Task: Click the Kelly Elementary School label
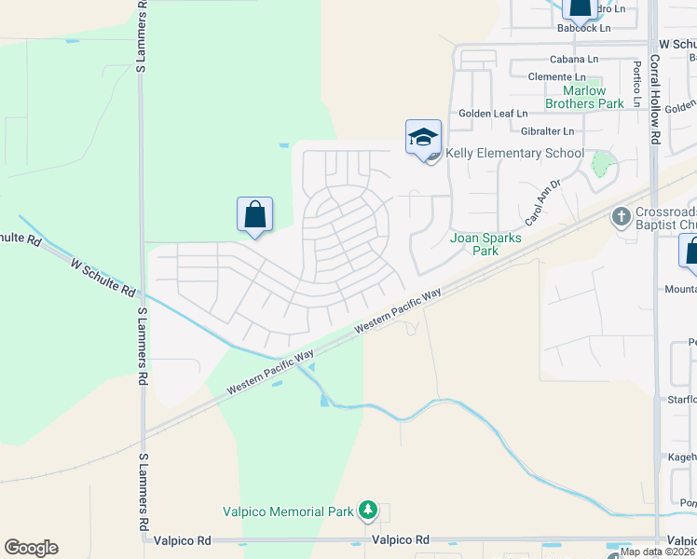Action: point(514,154)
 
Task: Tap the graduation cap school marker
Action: point(423,138)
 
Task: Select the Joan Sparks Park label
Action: point(486,244)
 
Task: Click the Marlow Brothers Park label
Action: point(584,97)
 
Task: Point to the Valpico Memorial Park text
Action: point(289,511)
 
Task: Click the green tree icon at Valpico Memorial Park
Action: point(369,510)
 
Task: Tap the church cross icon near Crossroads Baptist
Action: point(622,218)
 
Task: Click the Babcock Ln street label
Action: point(583,28)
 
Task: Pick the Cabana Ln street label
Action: point(572,59)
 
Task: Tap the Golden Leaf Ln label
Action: point(493,114)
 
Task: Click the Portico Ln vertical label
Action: point(637,84)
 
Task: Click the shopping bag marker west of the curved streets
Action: point(255,215)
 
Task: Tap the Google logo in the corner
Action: point(31,548)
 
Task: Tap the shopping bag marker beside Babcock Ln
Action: point(581,8)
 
